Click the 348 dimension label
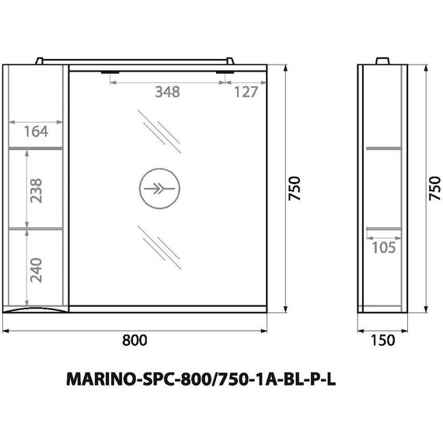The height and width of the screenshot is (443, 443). (167, 92)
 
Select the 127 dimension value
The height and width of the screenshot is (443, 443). (246, 92)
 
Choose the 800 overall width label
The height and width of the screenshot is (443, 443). (134, 340)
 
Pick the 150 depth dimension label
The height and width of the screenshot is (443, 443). (382, 340)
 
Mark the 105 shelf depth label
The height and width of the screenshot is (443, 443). (383, 247)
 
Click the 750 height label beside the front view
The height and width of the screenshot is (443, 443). (294, 187)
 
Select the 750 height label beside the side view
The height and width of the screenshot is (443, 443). (434, 187)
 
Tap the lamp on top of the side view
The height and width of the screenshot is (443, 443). (382, 61)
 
